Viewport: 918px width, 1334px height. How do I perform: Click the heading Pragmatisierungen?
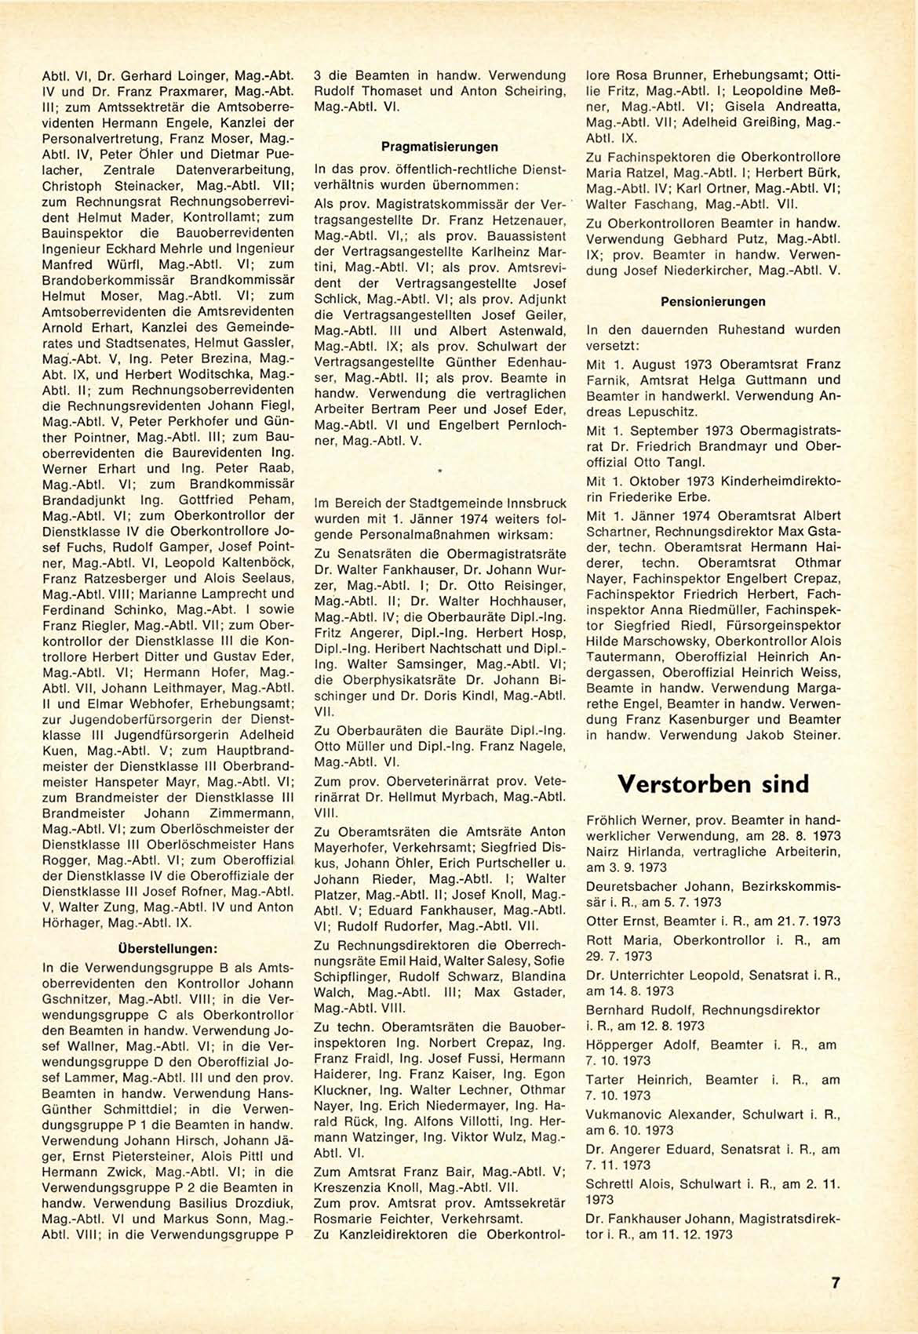click(x=439, y=147)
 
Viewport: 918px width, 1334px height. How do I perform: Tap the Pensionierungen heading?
click(x=713, y=302)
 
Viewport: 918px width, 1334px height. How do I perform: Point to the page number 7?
click(x=836, y=1283)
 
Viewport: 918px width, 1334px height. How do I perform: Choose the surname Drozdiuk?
click(x=253, y=1203)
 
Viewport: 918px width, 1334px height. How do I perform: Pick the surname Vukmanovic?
click(x=633, y=1114)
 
